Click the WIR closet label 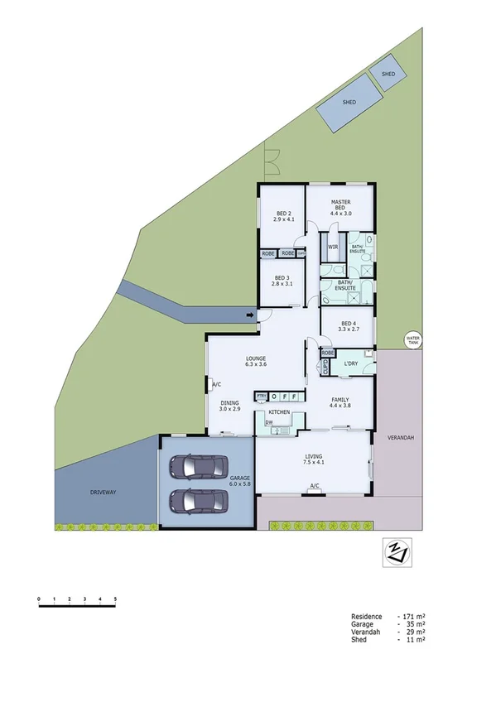(x=332, y=247)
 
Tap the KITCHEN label (x=278, y=411)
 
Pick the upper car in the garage (x=199, y=469)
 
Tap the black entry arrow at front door (x=250, y=315)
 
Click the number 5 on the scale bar (x=115, y=598)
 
